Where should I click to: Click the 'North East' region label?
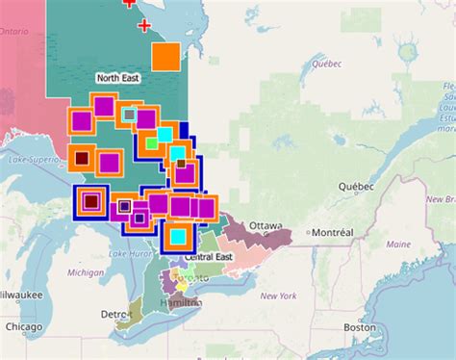pyautogui.click(x=118, y=76)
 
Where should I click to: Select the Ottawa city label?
pyautogui.click(x=266, y=226)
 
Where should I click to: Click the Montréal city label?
pyautogui.click(x=333, y=233)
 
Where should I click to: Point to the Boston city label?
pyautogui.click(x=359, y=327)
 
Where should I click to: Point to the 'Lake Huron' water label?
pyautogui.click(x=130, y=253)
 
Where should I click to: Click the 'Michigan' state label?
pyautogui.click(x=86, y=272)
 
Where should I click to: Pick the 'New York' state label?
pyautogui.click(x=279, y=296)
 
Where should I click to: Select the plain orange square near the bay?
pyautogui.click(x=165, y=56)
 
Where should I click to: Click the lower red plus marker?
pyautogui.click(x=145, y=24)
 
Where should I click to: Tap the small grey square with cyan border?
pyautogui.click(x=129, y=114)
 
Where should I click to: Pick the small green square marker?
pyautogui.click(x=151, y=143)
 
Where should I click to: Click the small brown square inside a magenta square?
pyautogui.click(x=181, y=164)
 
